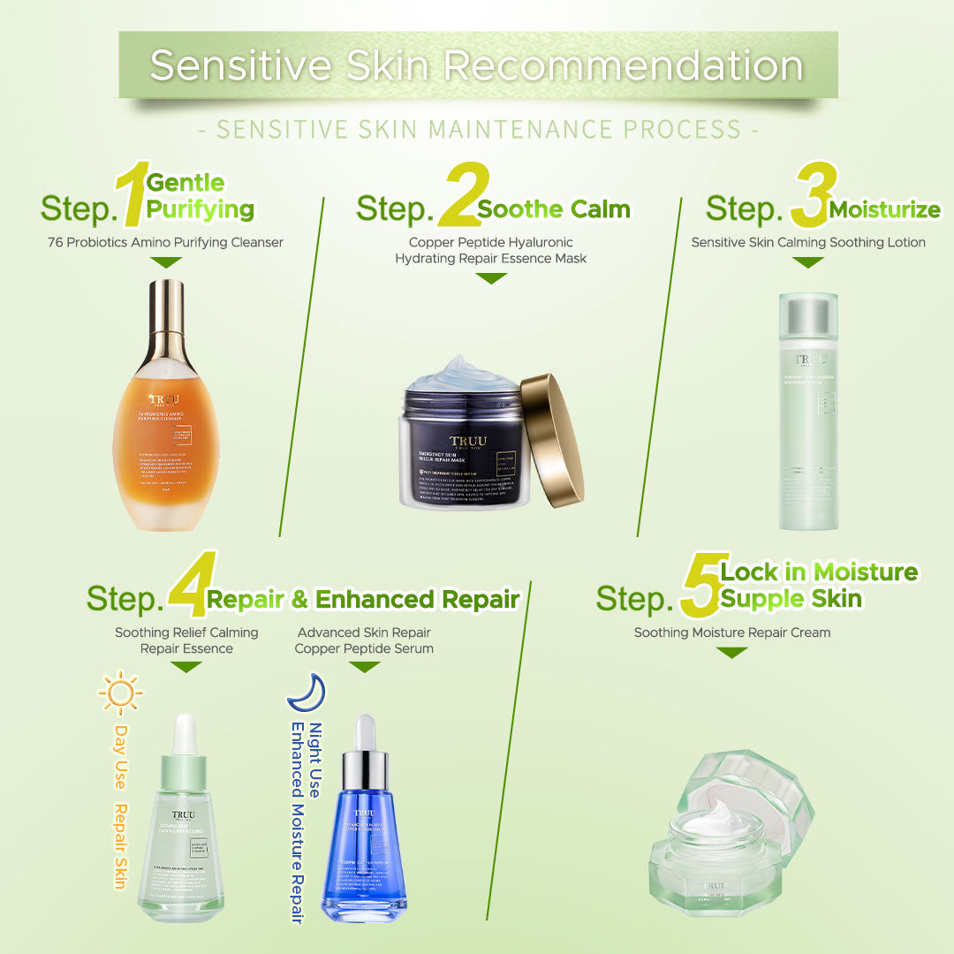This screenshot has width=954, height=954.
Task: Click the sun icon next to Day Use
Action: click(119, 693)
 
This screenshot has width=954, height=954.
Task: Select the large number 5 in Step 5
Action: click(700, 586)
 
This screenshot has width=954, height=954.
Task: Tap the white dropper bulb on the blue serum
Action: click(365, 733)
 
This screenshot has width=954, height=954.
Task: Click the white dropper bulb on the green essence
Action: click(185, 732)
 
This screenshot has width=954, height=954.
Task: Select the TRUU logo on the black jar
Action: click(467, 442)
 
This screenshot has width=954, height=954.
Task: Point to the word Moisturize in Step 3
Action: click(884, 210)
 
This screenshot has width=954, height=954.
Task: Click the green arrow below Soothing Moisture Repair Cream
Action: click(731, 653)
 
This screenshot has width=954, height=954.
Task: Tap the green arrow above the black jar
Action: click(491, 278)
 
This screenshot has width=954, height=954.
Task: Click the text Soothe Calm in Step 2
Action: click(554, 210)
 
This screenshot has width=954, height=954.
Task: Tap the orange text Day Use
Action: click(119, 757)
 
